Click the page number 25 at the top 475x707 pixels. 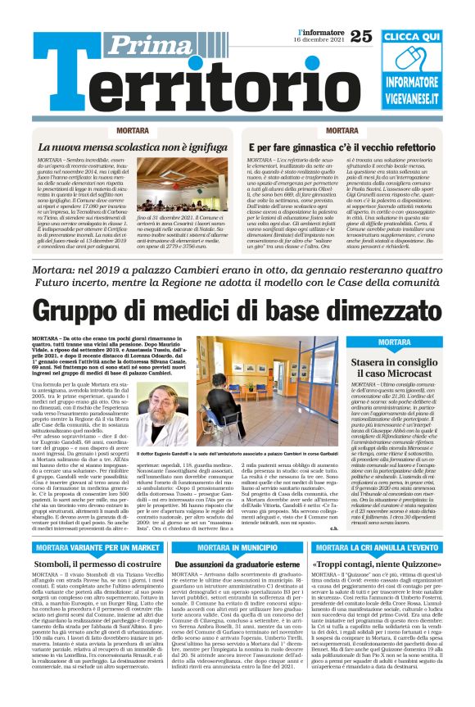tap(361, 35)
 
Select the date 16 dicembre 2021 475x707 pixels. tap(321, 40)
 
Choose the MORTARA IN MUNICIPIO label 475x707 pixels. tap(248, 547)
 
